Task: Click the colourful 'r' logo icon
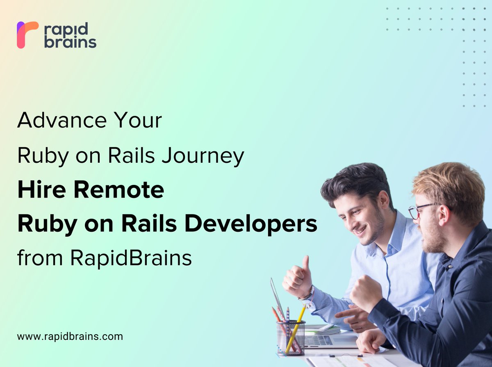point(27,35)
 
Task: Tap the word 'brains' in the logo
point(70,42)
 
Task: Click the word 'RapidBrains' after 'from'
point(131,258)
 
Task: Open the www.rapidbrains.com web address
point(70,337)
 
